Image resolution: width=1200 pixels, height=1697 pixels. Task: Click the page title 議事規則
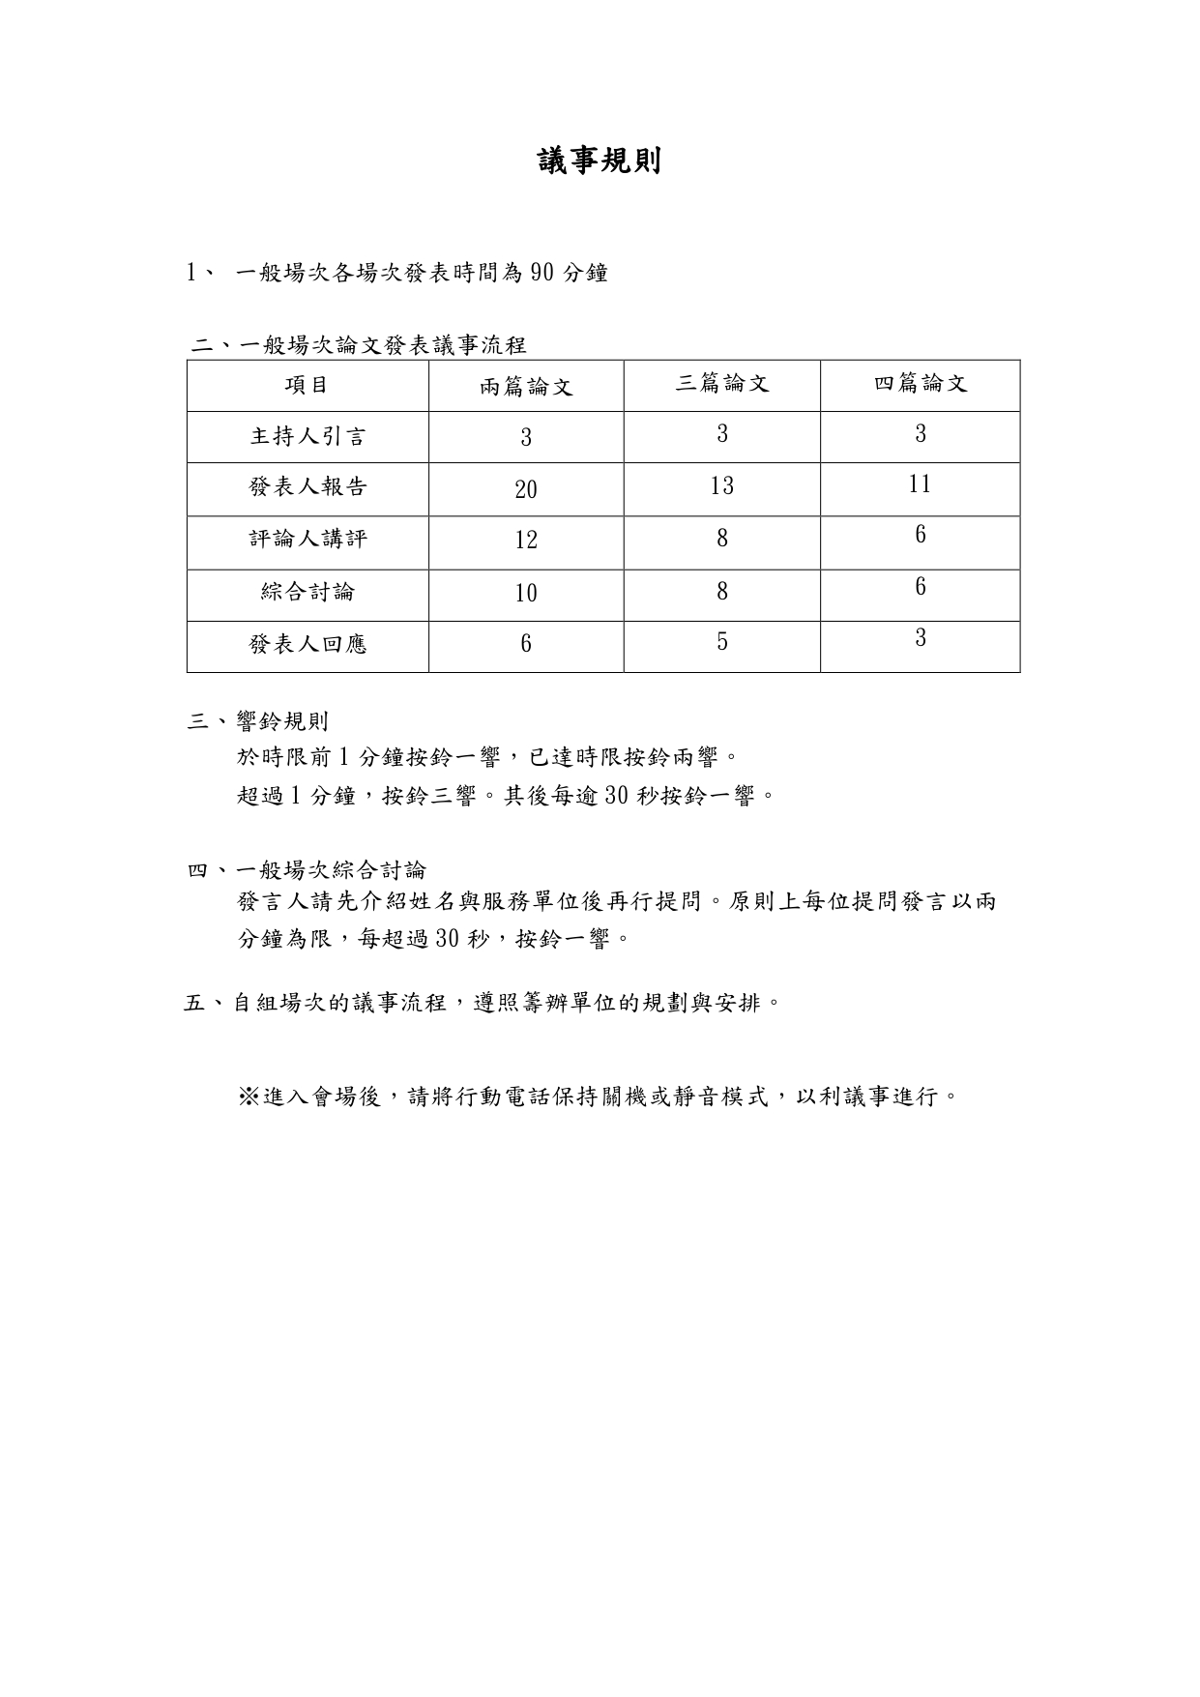tap(600, 161)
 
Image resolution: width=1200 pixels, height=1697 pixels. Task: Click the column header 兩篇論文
tap(526, 388)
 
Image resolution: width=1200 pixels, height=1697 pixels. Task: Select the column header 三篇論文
tap(722, 384)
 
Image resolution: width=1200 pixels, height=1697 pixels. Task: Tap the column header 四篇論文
tap(921, 384)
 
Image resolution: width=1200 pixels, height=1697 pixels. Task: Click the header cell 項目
tap(307, 385)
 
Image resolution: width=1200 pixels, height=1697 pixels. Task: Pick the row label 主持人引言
tap(307, 436)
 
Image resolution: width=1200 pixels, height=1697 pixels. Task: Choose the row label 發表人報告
tap(307, 487)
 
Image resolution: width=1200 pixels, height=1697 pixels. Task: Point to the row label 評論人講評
tap(307, 539)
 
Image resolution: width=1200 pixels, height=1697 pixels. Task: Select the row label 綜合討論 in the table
tap(307, 592)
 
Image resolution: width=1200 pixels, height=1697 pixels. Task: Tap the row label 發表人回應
tap(307, 644)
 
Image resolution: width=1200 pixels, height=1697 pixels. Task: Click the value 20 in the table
tap(526, 489)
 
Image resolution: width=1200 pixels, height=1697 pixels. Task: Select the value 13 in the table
tap(722, 485)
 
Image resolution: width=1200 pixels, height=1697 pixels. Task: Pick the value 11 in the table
tap(920, 483)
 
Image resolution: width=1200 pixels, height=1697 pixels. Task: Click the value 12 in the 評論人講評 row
tap(526, 541)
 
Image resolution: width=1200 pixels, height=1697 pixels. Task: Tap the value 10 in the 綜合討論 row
tap(526, 593)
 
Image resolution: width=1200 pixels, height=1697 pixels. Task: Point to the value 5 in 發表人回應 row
tap(722, 642)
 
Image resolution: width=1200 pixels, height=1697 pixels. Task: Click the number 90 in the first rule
tap(542, 274)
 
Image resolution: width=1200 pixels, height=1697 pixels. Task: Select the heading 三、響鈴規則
tap(258, 721)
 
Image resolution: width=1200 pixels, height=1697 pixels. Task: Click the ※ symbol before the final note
tap(249, 1097)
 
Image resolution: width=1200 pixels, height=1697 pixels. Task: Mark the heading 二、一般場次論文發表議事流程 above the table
tap(359, 345)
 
